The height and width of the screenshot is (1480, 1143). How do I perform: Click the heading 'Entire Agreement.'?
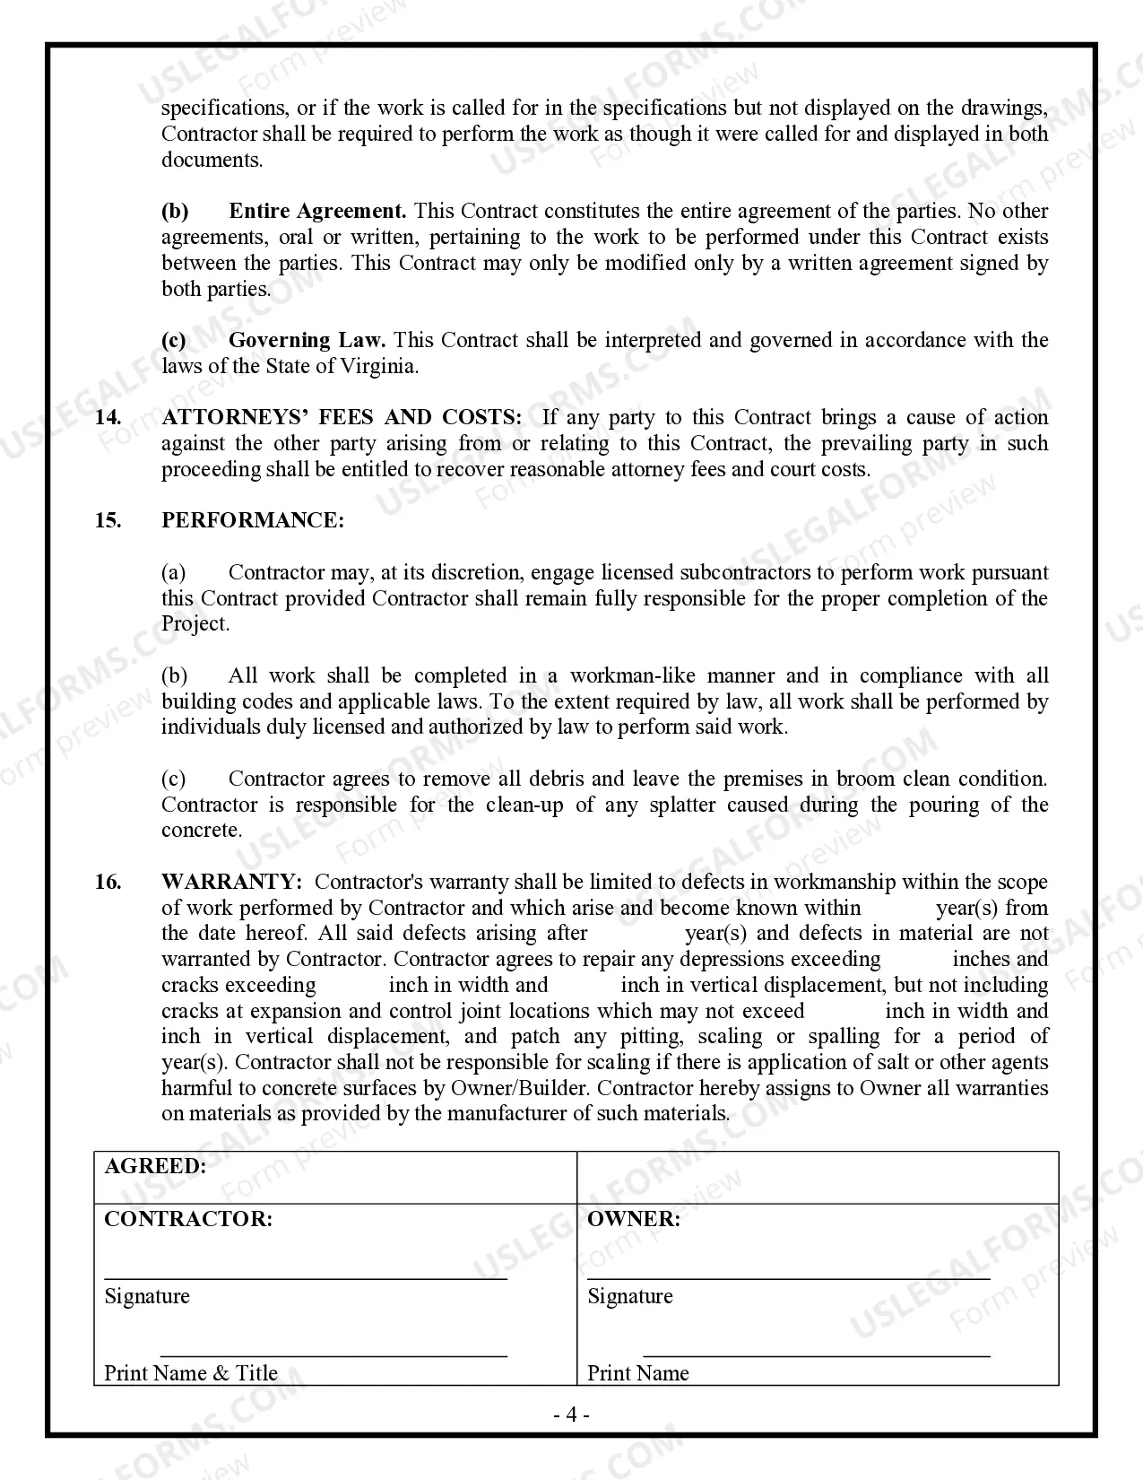(x=317, y=212)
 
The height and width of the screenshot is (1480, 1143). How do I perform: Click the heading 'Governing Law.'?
(x=307, y=341)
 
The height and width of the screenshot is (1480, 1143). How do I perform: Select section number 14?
(x=108, y=418)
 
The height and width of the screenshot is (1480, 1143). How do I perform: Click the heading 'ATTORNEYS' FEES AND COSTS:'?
(x=341, y=418)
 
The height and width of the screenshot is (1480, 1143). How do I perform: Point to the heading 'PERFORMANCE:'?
(x=252, y=521)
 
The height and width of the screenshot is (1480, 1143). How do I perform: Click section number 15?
(x=108, y=521)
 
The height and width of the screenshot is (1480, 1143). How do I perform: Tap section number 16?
(x=108, y=883)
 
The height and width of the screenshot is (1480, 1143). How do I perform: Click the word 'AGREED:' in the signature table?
(x=155, y=1166)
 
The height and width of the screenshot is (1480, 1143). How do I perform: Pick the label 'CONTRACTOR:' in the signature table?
(x=188, y=1219)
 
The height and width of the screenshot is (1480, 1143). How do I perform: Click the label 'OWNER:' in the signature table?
(x=633, y=1219)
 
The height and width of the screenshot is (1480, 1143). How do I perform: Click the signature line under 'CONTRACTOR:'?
(x=305, y=1278)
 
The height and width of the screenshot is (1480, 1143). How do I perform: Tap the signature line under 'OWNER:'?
(x=789, y=1278)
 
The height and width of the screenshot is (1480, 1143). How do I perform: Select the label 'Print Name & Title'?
(x=191, y=1373)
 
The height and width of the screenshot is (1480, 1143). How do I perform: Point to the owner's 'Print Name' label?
(x=637, y=1373)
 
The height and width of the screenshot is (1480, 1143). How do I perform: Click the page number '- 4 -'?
(x=571, y=1415)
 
